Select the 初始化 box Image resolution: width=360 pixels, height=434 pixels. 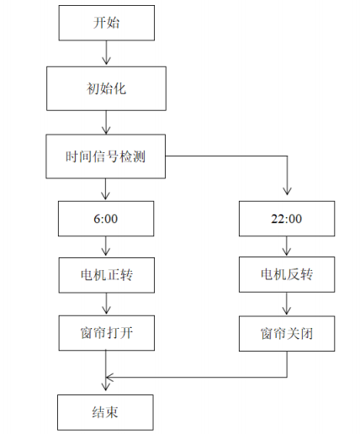pos(106,87)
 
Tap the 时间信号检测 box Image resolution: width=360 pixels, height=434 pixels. pos(106,156)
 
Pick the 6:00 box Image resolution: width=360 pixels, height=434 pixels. pos(106,220)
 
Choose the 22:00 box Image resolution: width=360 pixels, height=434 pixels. pos(289,220)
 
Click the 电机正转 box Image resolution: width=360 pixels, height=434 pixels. pos(106,274)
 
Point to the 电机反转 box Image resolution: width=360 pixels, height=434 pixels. pos(289,274)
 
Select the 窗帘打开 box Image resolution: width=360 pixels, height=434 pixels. pos(106,334)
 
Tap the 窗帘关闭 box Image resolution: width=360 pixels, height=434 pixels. pos(289,334)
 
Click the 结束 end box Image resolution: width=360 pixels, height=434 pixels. pos(106,412)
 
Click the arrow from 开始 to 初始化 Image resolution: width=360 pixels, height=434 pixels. pos(106,53)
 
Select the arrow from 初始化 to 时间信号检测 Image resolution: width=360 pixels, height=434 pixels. pos(106,121)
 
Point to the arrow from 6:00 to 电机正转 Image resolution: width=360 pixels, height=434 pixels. pos(106,246)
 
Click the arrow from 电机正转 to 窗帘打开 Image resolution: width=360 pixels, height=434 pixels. pos(106,304)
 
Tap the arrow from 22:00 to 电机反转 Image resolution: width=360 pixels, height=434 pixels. pos(289,246)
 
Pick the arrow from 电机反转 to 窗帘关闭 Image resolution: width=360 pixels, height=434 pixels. pos(289,304)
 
